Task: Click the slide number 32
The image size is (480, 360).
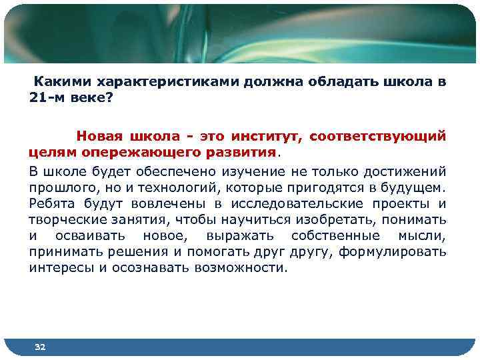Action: [x=40, y=347]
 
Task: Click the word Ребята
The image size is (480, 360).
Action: [x=51, y=203]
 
